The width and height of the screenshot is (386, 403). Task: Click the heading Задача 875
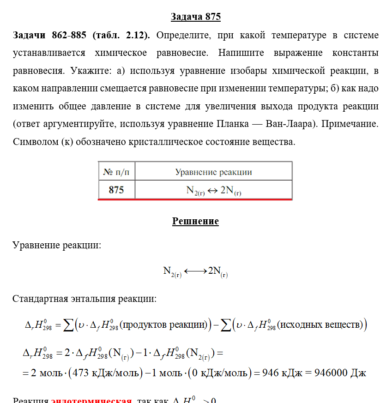196,17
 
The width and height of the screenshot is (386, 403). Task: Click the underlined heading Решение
195,221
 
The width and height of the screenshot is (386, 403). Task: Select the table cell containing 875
116,190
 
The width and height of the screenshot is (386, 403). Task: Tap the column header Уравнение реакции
213,172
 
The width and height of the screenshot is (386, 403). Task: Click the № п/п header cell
116,172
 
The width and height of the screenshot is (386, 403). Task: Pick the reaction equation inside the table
213,190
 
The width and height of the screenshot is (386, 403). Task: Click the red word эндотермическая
91,400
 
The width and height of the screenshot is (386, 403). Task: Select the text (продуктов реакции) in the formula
162,325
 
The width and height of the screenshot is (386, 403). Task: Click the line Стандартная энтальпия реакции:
84,299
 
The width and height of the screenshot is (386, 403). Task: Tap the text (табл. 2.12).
121,36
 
